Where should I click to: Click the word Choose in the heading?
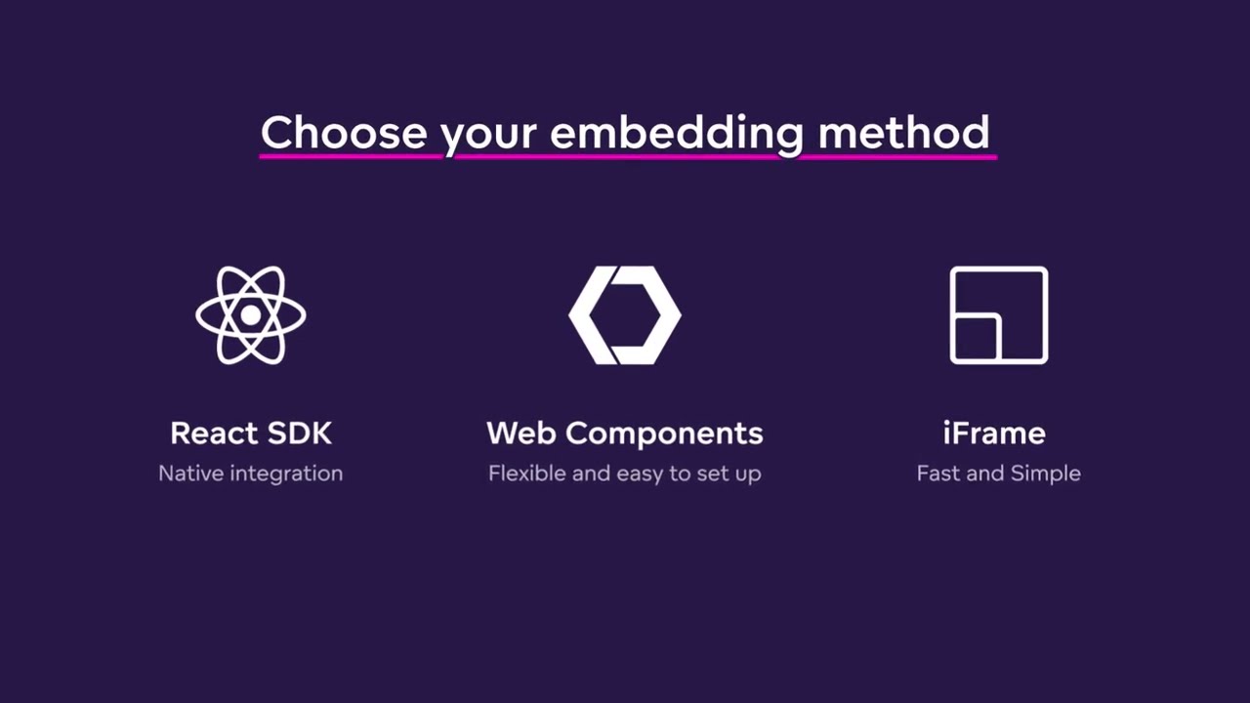(344, 132)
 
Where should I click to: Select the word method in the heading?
(903, 132)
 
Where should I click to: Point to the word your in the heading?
(488, 138)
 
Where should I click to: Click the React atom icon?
(251, 315)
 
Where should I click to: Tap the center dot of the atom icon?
(251, 315)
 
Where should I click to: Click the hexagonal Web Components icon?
(625, 315)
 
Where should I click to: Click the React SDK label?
(251, 433)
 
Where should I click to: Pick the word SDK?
(300, 433)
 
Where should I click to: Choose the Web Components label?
(625, 434)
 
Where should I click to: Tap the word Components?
(664, 434)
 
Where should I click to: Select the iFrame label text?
(994, 433)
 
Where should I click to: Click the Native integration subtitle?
(251, 474)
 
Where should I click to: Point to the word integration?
(286, 475)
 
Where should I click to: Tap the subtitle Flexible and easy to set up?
(625, 474)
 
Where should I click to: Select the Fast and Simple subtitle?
(999, 474)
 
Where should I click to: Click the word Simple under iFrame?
(1046, 474)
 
